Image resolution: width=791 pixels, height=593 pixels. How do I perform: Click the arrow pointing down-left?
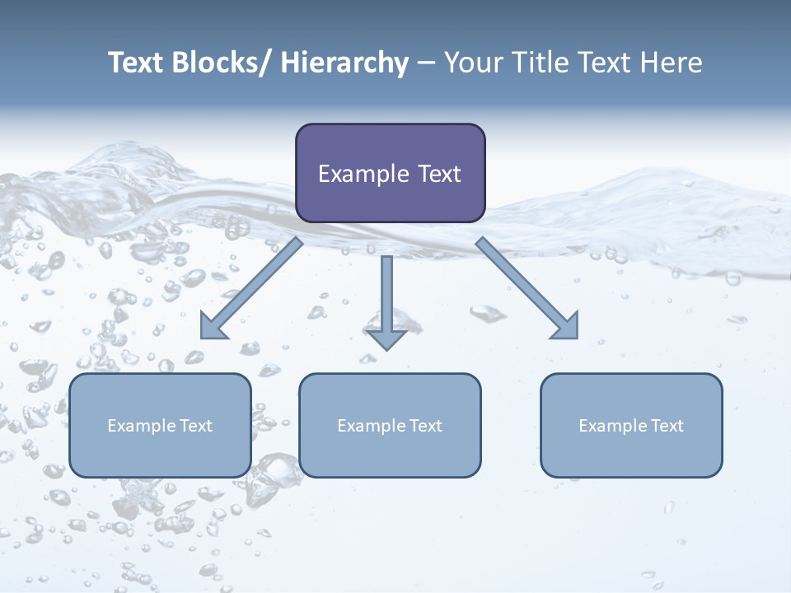pos(251,289)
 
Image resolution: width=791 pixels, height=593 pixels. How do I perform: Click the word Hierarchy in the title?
pos(344,63)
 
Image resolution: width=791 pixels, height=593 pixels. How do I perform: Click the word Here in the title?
pos(672,63)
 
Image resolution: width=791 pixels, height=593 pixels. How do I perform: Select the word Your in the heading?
pos(470,63)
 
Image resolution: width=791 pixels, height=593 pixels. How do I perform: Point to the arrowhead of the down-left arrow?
pos(213,327)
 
